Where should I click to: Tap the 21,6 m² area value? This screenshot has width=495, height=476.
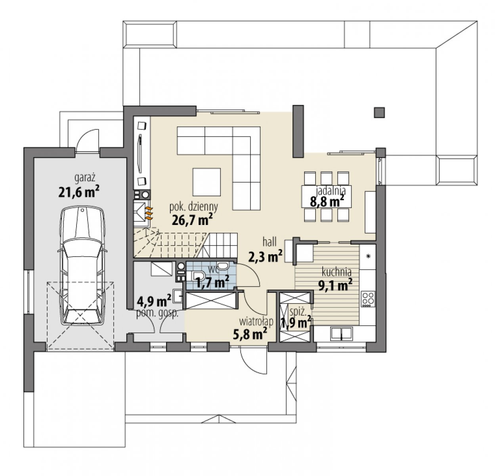pos(79,192)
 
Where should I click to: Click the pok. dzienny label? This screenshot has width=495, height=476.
pos(194,207)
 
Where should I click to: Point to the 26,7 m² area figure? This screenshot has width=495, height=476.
pos(192,220)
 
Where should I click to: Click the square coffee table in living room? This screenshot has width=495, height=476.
pos(206,182)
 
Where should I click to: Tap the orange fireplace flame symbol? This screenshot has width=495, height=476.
pos(149,213)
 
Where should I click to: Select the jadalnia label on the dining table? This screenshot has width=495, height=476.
pos(331,190)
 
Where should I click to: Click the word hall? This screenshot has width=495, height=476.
pos(269,242)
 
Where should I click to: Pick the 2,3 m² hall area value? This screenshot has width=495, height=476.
pos(265,256)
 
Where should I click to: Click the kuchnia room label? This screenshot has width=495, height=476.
pos(336,272)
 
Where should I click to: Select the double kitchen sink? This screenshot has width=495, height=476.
pos(341,334)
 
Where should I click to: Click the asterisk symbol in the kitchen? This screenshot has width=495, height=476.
pos(368,256)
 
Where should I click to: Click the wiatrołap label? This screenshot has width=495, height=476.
pos(256,321)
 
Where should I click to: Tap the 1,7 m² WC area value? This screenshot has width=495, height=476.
pos(212,282)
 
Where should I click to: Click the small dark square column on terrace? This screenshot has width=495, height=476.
pos(379,113)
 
